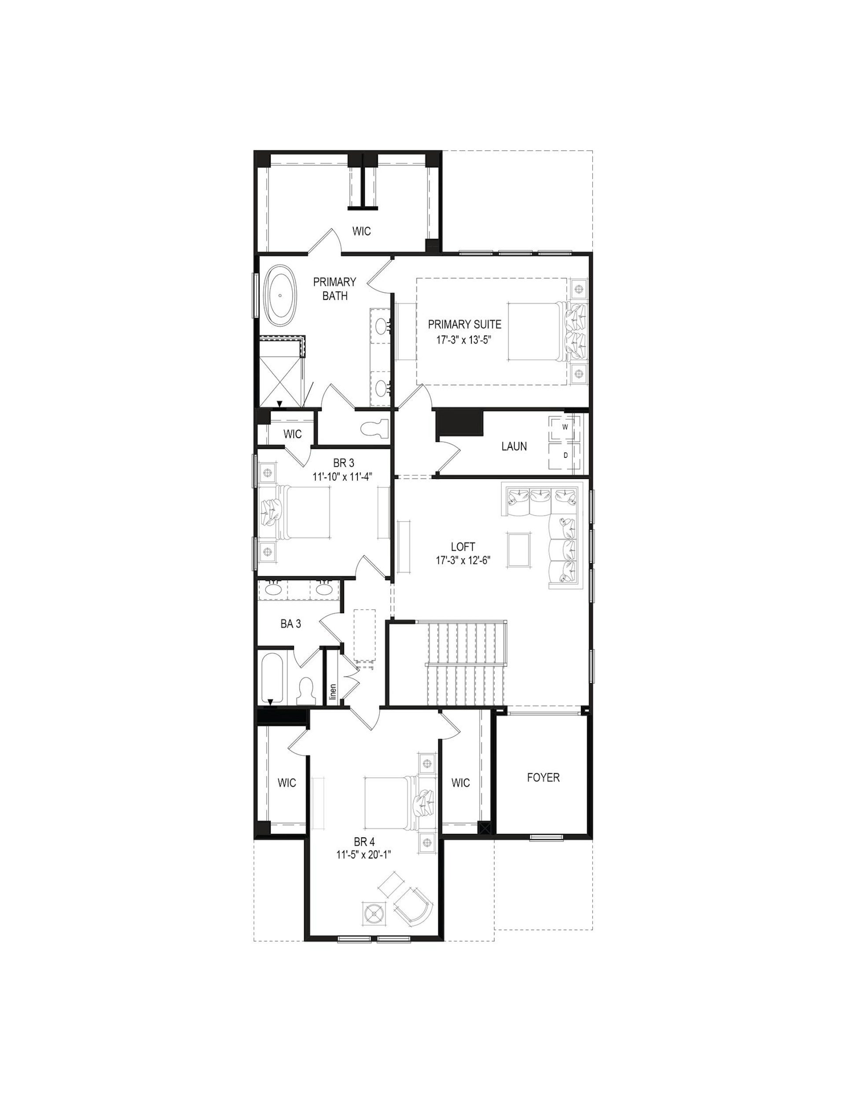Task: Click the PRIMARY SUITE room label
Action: point(464,324)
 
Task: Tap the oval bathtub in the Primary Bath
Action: point(280,296)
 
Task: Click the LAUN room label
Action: point(514,446)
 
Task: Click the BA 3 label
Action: point(290,624)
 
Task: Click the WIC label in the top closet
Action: point(361,231)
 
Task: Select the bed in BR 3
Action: point(295,512)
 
